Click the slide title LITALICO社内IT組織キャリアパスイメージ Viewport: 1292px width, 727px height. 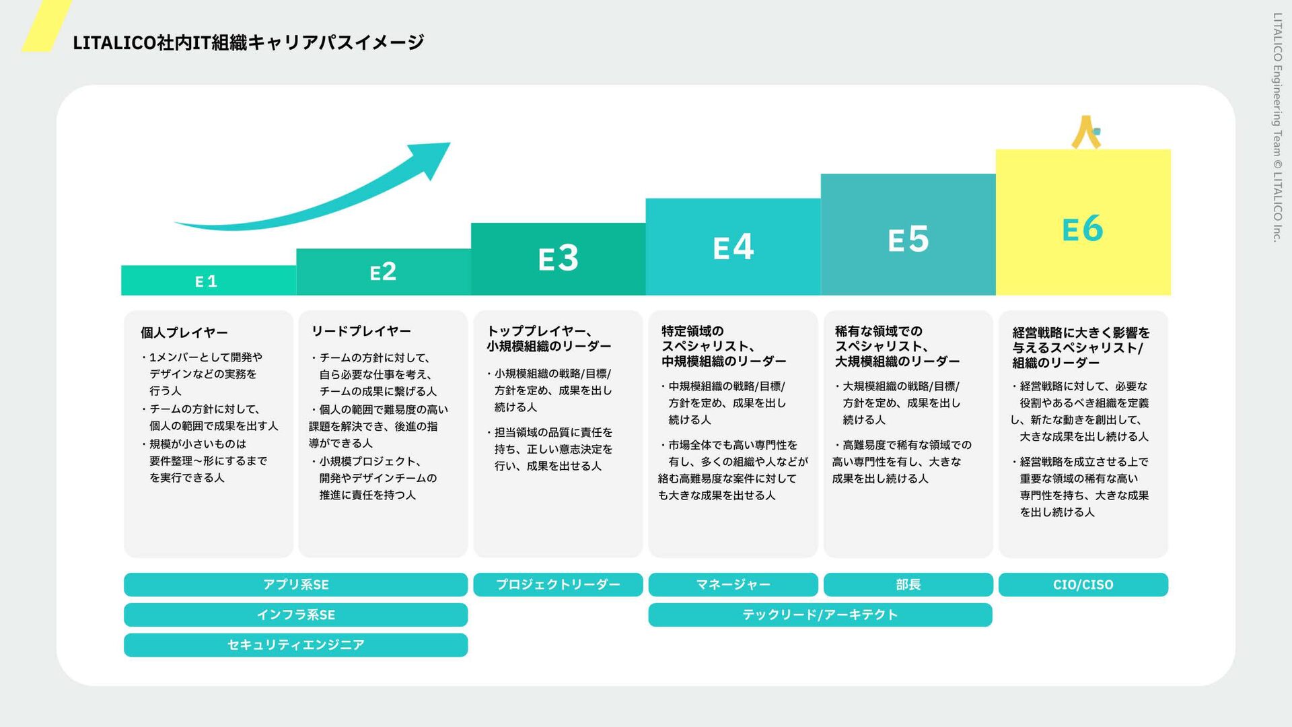pyautogui.click(x=248, y=42)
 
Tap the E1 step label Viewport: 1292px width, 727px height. pyautogui.click(x=206, y=281)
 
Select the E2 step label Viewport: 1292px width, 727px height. pyautogui.click(x=383, y=272)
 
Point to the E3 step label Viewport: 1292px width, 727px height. pyautogui.click(x=558, y=258)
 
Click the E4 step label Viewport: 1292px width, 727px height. pyautogui.click(x=733, y=247)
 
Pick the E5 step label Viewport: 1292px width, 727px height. pyautogui.click(x=908, y=240)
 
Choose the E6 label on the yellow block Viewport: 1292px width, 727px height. pyautogui.click(x=1083, y=229)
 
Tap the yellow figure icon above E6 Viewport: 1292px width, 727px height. pyautogui.click(x=1085, y=132)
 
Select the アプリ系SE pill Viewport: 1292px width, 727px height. pyautogui.click(x=295, y=584)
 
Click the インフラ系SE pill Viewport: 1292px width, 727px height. pyautogui.click(x=295, y=615)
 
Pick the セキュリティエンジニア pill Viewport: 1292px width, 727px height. pyautogui.click(x=295, y=645)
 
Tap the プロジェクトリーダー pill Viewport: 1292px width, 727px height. pyautogui.click(x=558, y=584)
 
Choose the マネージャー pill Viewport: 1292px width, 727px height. pyautogui.click(x=733, y=584)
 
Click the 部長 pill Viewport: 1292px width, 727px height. pyautogui.click(x=908, y=584)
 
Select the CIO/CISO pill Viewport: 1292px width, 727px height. pyautogui.click(x=1083, y=584)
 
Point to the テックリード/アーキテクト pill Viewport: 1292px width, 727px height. pyautogui.click(x=820, y=615)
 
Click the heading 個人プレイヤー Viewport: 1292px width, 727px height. pyautogui.click(x=184, y=333)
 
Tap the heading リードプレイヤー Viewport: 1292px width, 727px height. pyautogui.click(x=361, y=331)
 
